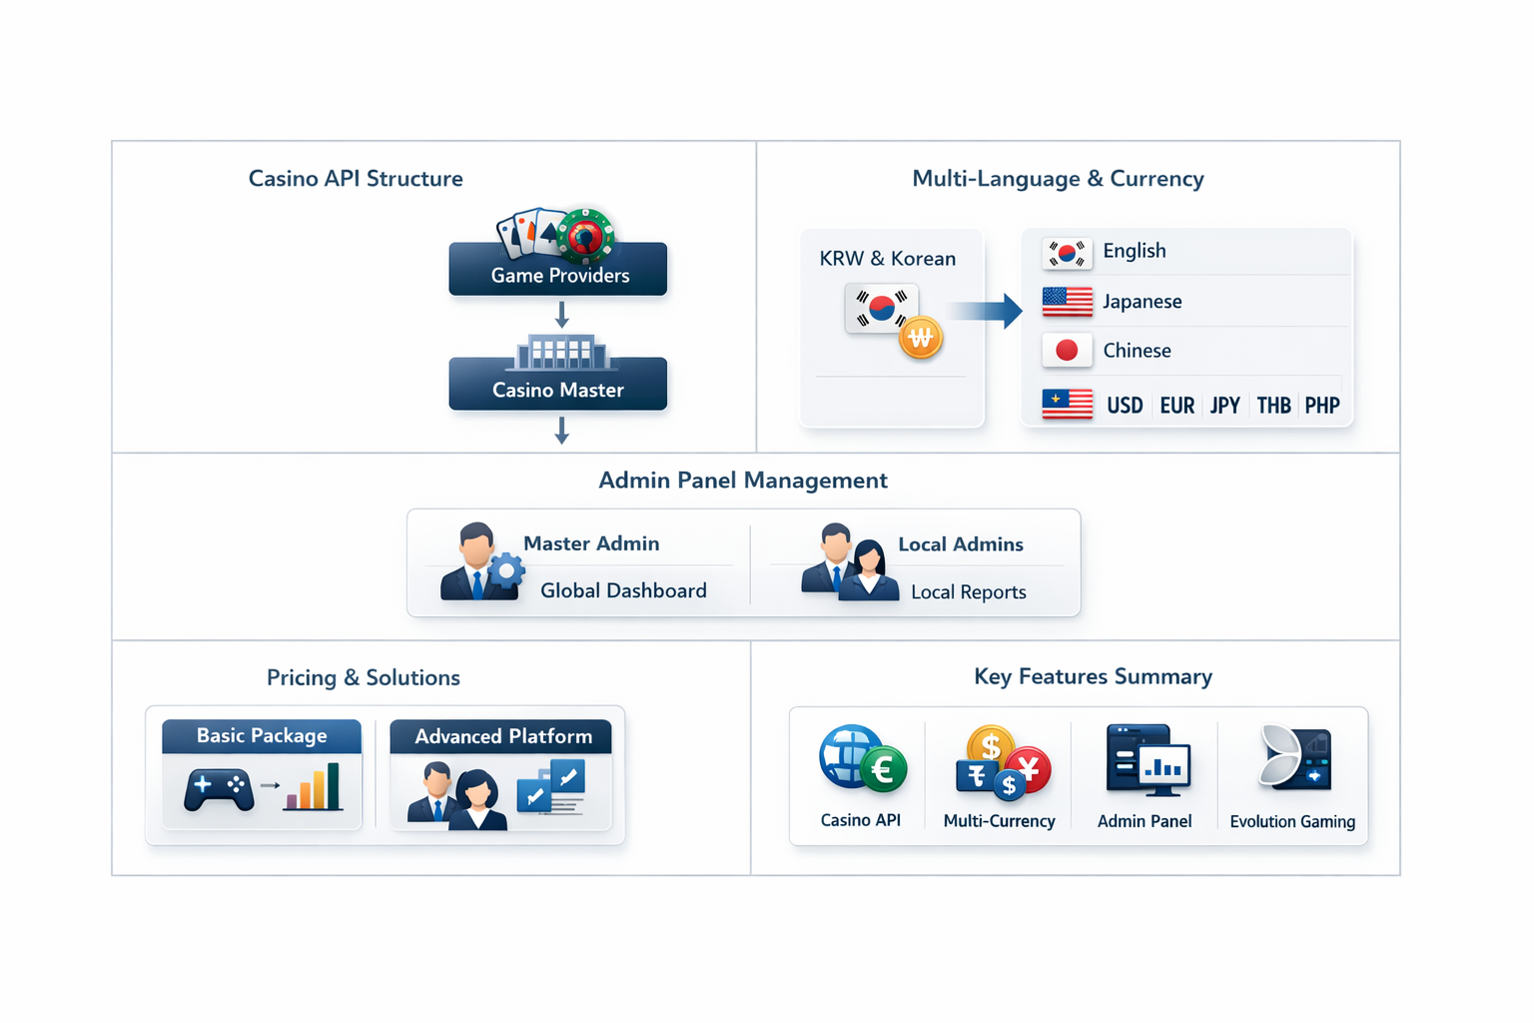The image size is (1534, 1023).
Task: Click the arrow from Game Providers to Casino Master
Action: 562,315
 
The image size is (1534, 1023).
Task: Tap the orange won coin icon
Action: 921,339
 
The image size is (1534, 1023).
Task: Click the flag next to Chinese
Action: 1067,351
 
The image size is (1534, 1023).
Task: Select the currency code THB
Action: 1273,406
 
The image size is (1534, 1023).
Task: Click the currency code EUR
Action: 1177,406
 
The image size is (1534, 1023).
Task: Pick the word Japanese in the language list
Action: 1143,302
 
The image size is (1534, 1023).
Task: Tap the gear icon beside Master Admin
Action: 506,570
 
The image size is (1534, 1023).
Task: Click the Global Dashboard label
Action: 623,591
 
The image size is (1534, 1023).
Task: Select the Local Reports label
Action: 968,592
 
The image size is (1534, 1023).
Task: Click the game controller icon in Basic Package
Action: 219,790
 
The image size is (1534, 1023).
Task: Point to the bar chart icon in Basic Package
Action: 313,787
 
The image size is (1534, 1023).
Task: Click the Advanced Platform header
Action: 502,737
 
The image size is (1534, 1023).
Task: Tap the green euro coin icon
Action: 883,770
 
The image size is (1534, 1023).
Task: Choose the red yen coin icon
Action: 1029,769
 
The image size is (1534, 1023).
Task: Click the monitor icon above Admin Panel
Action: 1149,761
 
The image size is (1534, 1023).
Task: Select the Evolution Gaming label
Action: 1292,822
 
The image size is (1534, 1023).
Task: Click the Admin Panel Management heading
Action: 742,481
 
